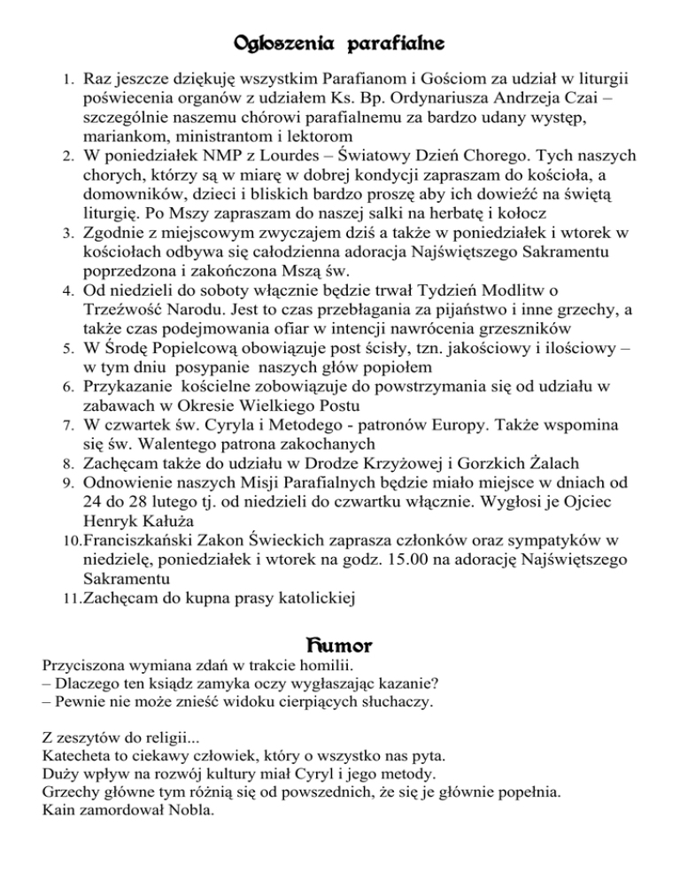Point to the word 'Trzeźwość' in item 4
pos(126,310)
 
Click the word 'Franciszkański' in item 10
pos(146,540)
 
